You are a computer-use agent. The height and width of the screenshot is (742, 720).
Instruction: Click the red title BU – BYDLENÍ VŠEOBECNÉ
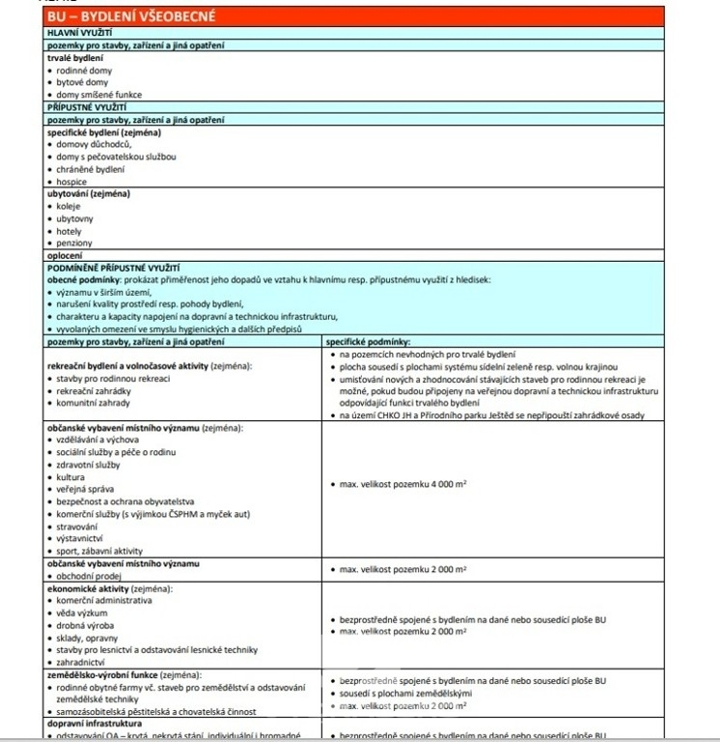click(x=132, y=16)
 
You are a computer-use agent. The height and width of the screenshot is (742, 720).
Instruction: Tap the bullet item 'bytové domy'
click(x=82, y=82)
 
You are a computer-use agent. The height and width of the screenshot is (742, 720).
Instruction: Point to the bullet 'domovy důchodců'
click(x=94, y=144)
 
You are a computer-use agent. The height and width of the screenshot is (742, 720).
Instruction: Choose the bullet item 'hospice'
click(x=71, y=182)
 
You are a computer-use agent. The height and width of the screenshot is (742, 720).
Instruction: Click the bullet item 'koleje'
click(x=69, y=206)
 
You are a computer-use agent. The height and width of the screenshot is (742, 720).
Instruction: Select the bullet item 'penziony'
click(x=74, y=243)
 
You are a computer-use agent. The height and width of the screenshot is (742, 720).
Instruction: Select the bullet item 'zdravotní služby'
click(x=90, y=465)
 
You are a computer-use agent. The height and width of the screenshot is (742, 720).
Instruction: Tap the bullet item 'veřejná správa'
click(x=84, y=490)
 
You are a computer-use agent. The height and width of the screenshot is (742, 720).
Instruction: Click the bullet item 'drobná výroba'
click(x=85, y=625)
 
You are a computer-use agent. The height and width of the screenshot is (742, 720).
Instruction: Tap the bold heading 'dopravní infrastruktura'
click(x=95, y=723)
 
